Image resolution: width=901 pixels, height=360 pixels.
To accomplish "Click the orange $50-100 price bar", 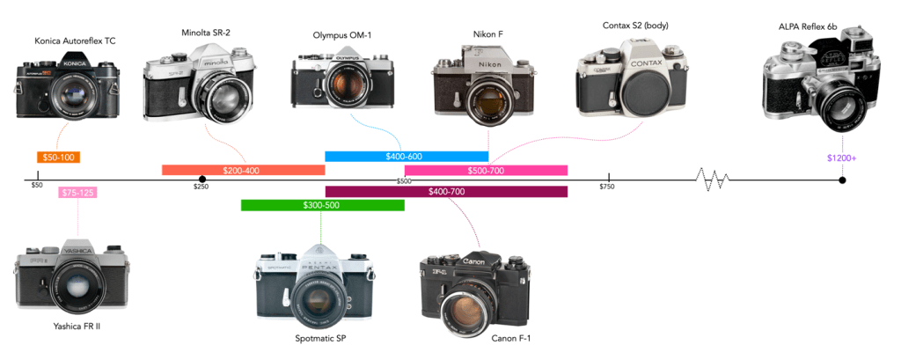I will pos(59,158).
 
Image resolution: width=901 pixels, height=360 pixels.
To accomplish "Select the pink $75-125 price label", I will pos(77,193).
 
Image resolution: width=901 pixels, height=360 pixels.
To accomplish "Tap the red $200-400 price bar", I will pos(243,170).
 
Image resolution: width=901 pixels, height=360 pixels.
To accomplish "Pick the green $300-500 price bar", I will pos(322,205).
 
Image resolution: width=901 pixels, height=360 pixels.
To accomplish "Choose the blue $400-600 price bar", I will pos(406,157).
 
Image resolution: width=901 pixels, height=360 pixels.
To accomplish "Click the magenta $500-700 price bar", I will pos(486,170).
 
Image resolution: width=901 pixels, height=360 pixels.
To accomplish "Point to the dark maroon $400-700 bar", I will pos(446,192).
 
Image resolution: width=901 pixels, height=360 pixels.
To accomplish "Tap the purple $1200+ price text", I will pos(841,158).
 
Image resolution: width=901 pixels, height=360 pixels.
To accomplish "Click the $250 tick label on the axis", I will pos(201,186).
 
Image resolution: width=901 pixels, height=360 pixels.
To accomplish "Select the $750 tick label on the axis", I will pos(606,186).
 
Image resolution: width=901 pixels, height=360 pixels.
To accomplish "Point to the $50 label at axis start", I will pos(36,186).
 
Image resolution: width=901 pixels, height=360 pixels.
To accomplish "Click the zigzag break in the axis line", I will pos(713,180).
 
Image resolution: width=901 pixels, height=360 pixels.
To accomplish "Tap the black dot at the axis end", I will pos(842,180).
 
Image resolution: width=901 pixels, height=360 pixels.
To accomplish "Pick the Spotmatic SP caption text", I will pos(320,338).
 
